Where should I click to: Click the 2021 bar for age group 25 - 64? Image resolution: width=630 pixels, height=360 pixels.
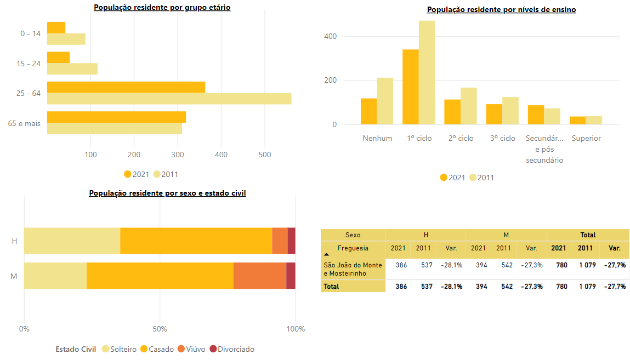pyautogui.click(x=126, y=87)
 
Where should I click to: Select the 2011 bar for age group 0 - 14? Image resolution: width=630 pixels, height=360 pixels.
pyautogui.click(x=66, y=39)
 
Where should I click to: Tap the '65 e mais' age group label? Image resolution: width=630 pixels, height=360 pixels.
pyautogui.click(x=24, y=124)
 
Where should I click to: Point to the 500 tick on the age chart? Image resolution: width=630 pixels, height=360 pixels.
pyautogui.click(x=264, y=155)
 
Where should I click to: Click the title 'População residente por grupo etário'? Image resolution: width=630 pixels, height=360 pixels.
pyautogui.click(x=162, y=8)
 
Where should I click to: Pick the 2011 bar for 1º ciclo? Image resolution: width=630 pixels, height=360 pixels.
pyautogui.click(x=427, y=72)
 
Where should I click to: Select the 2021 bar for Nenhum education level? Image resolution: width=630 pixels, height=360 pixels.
pyautogui.click(x=368, y=111)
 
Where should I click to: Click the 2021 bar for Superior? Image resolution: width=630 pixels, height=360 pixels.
pyautogui.click(x=577, y=120)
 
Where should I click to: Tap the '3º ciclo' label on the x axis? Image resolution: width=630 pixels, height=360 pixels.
pyautogui.click(x=503, y=138)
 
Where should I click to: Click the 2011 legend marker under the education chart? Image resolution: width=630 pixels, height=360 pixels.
pyautogui.click(x=473, y=178)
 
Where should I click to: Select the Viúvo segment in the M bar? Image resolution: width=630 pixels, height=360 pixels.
pyautogui.click(x=260, y=276)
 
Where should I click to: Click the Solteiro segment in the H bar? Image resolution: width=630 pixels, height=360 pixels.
pyautogui.click(x=72, y=241)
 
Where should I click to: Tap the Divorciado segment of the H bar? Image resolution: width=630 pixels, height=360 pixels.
pyautogui.click(x=291, y=241)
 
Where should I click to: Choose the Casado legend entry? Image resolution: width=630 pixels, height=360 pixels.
pyautogui.click(x=157, y=349)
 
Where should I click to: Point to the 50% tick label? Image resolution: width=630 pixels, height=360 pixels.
pyautogui.click(x=160, y=329)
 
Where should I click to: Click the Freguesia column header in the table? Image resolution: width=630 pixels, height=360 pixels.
pyautogui.click(x=353, y=248)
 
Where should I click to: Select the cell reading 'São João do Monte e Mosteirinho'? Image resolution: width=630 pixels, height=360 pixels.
pyautogui.click(x=353, y=269)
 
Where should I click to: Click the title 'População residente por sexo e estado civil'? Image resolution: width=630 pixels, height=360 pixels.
pyautogui.click(x=167, y=193)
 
